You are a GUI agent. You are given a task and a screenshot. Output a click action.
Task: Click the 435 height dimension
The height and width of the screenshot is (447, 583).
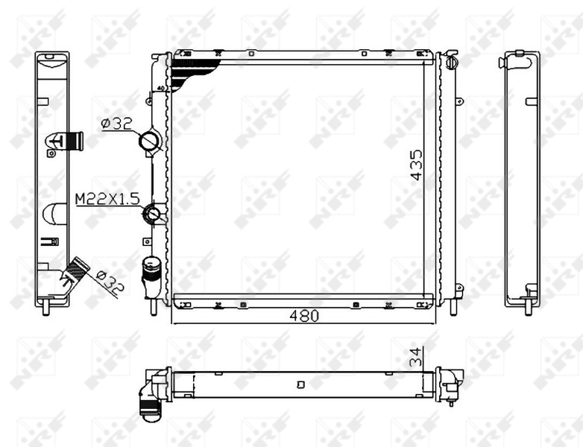416,165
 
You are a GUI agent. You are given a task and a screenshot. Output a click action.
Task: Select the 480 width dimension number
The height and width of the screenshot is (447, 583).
304,316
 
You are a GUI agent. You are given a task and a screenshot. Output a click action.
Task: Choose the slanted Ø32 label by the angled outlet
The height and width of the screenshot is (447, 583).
107,283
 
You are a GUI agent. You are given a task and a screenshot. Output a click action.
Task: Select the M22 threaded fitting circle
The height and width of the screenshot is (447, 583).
154,215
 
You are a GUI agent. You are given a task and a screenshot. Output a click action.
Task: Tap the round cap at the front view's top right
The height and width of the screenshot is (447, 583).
451,63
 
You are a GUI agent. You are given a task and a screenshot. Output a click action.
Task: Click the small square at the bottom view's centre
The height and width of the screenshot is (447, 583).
300,385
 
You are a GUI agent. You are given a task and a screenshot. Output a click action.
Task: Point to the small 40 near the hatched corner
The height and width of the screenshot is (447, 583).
161,89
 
